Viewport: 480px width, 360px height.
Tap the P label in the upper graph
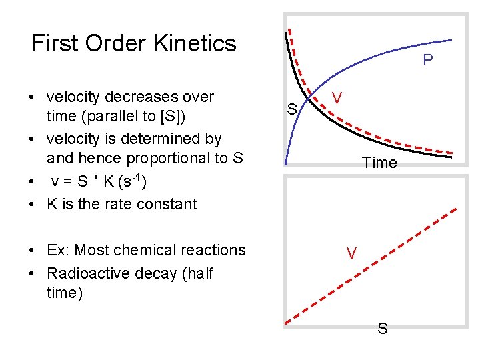tap(428, 61)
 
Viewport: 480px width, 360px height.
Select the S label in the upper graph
tap(291, 108)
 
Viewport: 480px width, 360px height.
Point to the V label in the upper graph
tap(338, 98)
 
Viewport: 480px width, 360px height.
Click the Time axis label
tap(379, 163)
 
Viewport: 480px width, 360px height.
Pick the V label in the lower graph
tap(351, 253)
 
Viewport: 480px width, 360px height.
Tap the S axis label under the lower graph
tap(383, 328)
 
